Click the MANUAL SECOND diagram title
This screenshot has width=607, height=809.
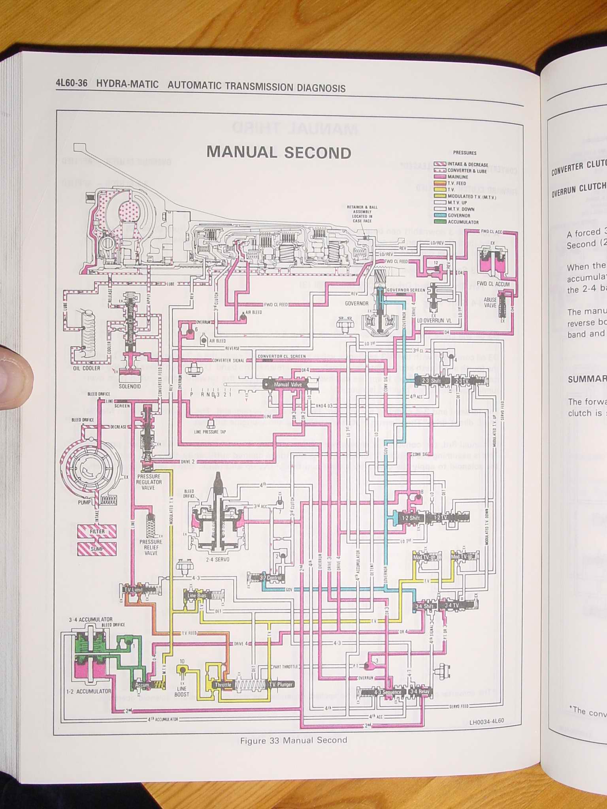pos(279,153)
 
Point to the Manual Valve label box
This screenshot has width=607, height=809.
pos(287,384)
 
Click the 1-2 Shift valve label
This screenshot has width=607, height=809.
pos(411,518)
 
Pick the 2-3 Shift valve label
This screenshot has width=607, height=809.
pos(431,381)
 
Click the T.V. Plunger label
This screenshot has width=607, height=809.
pos(281,685)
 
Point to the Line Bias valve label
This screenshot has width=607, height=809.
pos(197,595)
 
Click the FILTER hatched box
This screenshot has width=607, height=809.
pos(97,532)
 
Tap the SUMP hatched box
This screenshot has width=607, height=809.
pos(97,549)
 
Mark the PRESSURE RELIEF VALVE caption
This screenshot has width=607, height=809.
pos(151,547)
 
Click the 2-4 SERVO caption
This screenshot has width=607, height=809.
pos(217,559)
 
